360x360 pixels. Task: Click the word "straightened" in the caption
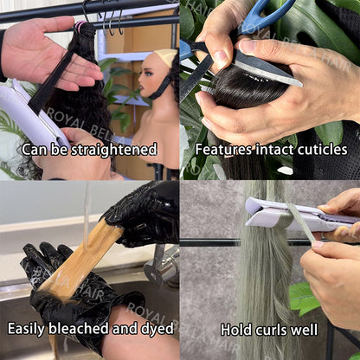click(x=114, y=150)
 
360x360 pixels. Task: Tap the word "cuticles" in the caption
click(x=322, y=150)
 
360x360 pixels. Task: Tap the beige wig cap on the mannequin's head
click(x=166, y=57)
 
